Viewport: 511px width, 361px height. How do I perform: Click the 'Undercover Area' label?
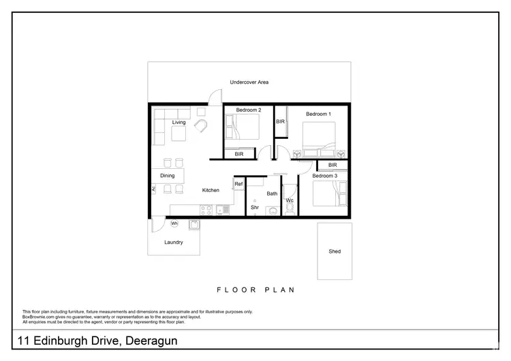click(249, 82)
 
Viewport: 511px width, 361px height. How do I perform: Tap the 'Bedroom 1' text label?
click(318, 114)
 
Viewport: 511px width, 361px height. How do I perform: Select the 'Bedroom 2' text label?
click(249, 110)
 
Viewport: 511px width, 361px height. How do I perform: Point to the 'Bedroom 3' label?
click(324, 176)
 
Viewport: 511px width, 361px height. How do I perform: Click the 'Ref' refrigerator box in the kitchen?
click(238, 185)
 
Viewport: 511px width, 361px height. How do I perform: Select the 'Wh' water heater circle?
click(174, 223)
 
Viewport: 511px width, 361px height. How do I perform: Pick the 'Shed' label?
click(335, 251)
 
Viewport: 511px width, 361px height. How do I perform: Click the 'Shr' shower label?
click(254, 207)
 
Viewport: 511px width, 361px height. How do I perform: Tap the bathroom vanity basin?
click(272, 212)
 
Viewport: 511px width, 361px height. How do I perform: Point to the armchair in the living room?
click(202, 127)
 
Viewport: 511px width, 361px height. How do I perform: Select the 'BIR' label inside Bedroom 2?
click(238, 155)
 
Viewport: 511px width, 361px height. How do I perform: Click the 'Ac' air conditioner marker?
click(153, 189)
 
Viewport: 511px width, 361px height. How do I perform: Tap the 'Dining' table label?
click(167, 176)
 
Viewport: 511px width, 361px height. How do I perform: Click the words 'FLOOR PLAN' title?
click(255, 289)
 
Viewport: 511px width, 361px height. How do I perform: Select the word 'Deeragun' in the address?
click(150, 340)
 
